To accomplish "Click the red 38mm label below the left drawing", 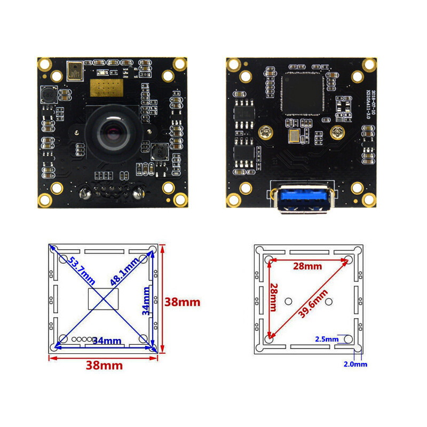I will click(x=105, y=366).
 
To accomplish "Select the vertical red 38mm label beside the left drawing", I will click(x=182, y=302).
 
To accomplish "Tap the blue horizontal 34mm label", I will click(x=107, y=341).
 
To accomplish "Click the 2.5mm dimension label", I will click(x=327, y=338).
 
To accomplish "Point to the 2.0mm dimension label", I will click(x=355, y=364).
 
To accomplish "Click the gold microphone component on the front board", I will click(x=76, y=70).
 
